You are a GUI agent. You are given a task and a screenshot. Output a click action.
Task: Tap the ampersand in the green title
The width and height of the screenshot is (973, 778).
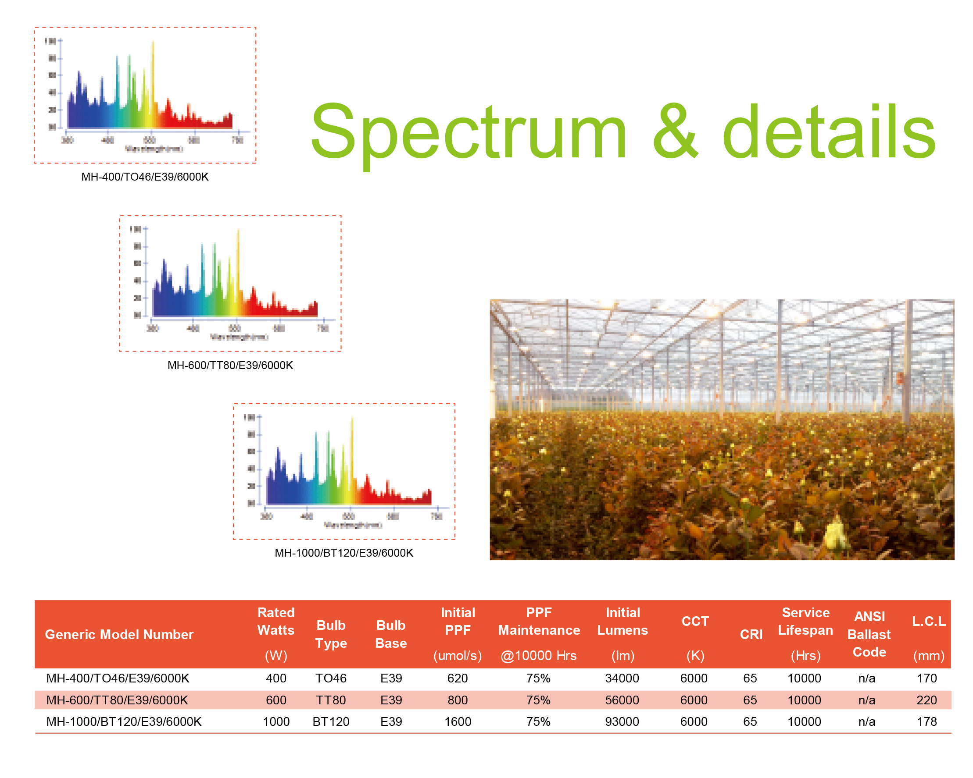676,131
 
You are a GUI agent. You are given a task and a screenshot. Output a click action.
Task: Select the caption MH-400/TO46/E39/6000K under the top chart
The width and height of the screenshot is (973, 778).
145,177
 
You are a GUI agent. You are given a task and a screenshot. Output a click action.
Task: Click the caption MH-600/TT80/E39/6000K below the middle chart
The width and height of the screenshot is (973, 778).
230,365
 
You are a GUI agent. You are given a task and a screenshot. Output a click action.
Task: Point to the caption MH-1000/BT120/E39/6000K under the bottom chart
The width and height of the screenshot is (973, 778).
344,553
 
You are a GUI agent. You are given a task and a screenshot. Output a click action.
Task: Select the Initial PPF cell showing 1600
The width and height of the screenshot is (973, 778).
458,721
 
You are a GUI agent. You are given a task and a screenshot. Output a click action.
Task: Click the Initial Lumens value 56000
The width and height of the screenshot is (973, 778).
622,700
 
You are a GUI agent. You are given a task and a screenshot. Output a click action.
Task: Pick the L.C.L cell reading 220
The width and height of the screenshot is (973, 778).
926,700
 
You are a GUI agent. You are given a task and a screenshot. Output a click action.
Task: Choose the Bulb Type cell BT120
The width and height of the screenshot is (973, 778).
331,721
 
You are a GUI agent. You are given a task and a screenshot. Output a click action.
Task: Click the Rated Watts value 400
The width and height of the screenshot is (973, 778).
276,679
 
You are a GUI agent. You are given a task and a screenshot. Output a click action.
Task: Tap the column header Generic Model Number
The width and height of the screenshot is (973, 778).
119,635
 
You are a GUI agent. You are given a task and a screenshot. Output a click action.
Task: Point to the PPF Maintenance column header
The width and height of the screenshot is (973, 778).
539,622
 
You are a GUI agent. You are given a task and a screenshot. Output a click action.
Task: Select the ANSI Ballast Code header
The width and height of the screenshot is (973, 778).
869,634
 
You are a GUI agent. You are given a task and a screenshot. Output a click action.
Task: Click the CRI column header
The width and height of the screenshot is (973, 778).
751,635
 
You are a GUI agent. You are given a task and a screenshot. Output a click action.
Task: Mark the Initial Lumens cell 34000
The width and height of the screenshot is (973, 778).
622,679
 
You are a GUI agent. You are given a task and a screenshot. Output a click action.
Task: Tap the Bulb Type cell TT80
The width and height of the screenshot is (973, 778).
331,700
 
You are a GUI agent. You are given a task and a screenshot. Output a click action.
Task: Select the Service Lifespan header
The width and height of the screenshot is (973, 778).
805,622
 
